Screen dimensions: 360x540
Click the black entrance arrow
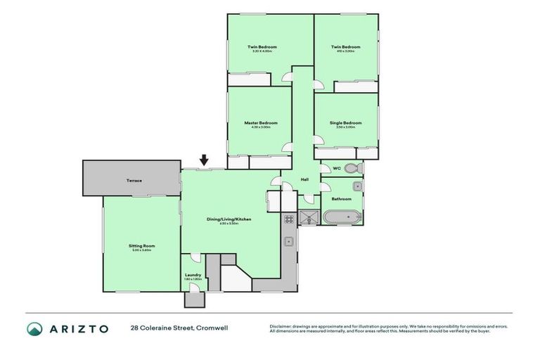(x=205, y=161)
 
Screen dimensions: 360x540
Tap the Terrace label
(x=134, y=181)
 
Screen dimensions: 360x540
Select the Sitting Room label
(x=141, y=245)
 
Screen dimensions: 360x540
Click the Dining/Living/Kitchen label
(x=229, y=219)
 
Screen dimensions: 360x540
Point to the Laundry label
(x=193, y=274)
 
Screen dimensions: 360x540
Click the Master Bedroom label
(x=261, y=123)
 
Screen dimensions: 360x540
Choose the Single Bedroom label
(x=346, y=123)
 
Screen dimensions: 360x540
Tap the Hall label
(x=304, y=180)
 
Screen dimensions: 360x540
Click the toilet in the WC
(x=353, y=169)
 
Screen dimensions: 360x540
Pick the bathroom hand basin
(x=357, y=186)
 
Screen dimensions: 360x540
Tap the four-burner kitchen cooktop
(x=288, y=219)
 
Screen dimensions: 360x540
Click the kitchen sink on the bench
(x=288, y=242)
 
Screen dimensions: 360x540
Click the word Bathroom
(x=342, y=199)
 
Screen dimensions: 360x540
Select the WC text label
(x=336, y=169)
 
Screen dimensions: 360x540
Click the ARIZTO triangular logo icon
(x=34, y=329)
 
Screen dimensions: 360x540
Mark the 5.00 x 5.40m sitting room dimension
(x=141, y=250)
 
